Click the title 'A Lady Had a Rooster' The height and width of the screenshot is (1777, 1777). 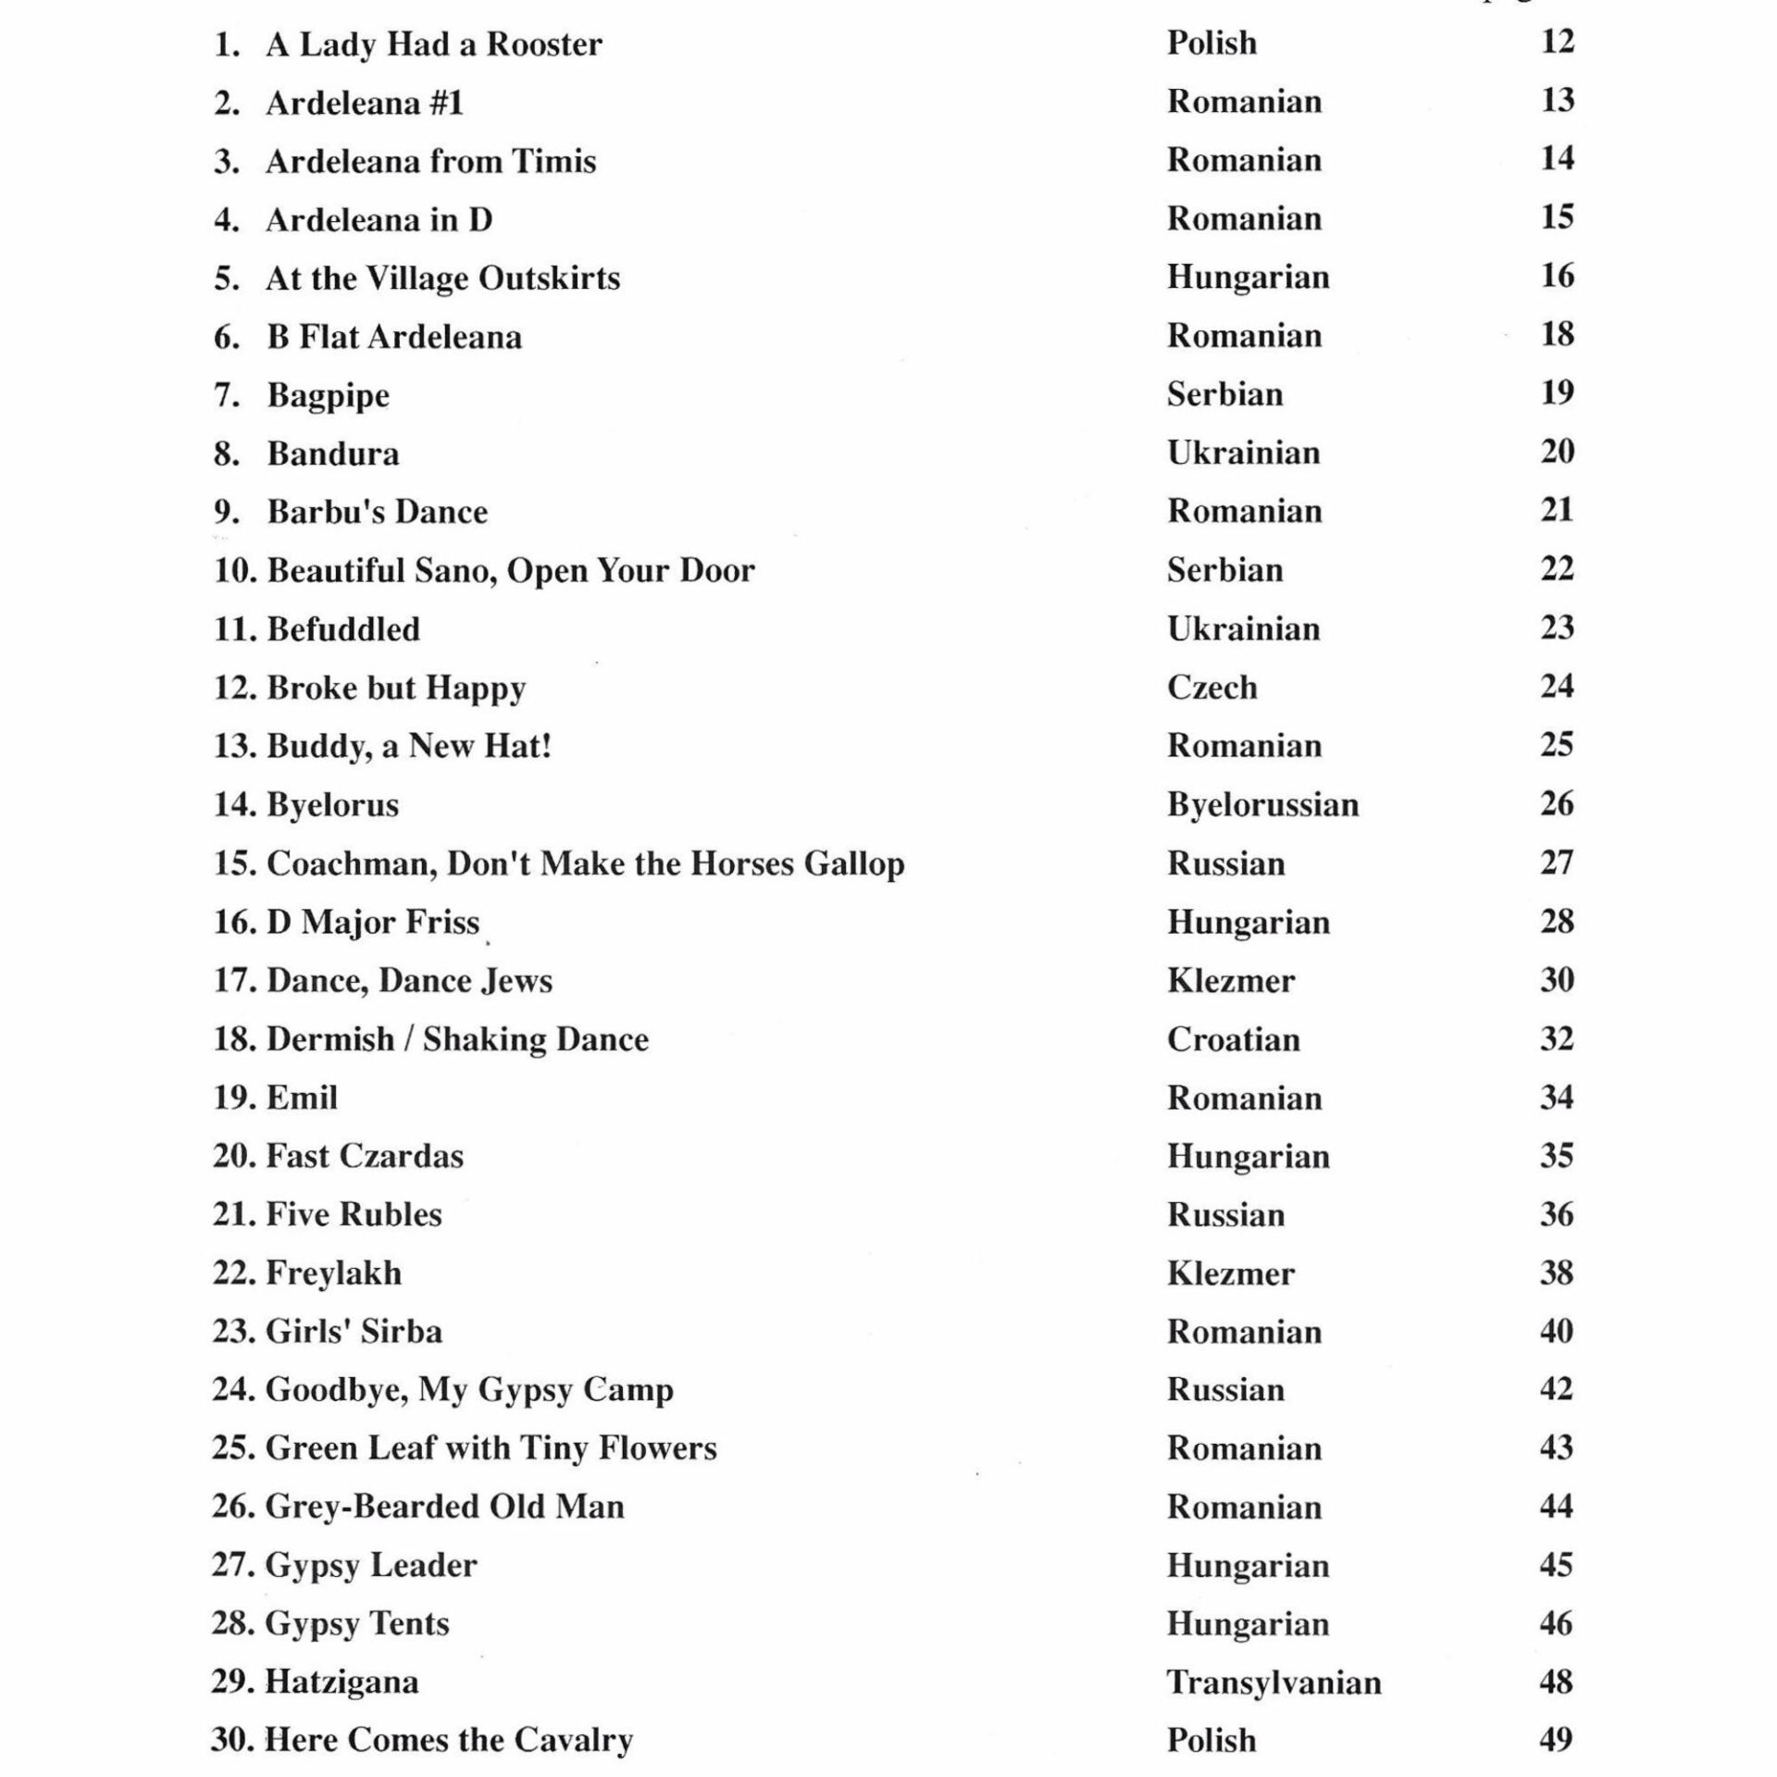coord(433,44)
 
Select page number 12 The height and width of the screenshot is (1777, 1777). coord(1557,42)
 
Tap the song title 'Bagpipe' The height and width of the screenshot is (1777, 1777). coord(329,395)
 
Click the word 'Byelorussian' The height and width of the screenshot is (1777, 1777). coord(1262,804)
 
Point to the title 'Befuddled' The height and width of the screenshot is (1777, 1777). coord(343,629)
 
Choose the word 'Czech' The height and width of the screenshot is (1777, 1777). coord(1212,687)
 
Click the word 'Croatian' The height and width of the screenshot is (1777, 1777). coord(1233,1038)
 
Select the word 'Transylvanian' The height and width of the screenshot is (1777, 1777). coord(1274,1683)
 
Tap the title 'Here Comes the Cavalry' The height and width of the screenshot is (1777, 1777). coord(449,1741)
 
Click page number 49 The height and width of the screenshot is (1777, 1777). coord(1556,1740)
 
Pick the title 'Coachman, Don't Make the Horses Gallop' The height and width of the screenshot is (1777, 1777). coord(585,864)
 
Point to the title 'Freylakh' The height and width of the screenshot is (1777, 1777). coord(334,1274)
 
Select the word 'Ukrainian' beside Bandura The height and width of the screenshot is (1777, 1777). coord(1243,453)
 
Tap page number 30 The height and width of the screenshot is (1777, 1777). coord(1557,979)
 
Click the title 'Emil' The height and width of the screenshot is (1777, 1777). coord(302,1098)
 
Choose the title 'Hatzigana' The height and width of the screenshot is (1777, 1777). coord(342,1682)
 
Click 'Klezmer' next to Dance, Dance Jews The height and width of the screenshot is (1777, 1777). coord(1230,980)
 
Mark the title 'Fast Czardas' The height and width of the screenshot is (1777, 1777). coord(365,1156)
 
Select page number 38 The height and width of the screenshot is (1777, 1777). coord(1557,1273)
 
